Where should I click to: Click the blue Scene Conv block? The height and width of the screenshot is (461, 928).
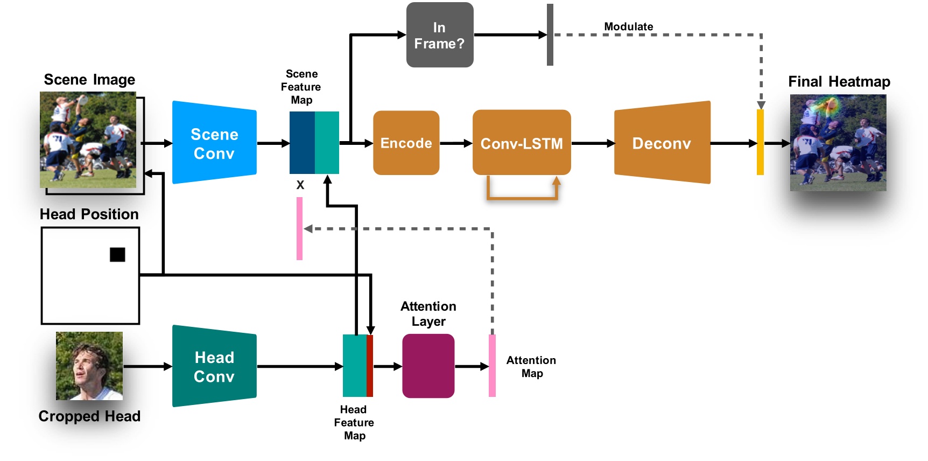coord(214,143)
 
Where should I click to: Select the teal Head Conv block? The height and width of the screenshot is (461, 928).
coord(214,366)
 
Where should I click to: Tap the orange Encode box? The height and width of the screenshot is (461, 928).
coord(406,143)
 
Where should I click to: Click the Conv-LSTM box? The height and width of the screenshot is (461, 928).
coord(521,143)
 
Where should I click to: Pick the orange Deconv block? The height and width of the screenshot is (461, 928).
coord(662,143)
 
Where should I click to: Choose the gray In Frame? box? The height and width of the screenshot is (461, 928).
coord(439,35)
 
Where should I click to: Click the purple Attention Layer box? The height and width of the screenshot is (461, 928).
coord(428,366)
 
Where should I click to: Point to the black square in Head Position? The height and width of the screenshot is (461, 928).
coord(117,255)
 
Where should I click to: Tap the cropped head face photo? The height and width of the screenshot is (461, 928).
coord(89,366)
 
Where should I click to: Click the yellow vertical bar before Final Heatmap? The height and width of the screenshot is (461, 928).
coord(760,142)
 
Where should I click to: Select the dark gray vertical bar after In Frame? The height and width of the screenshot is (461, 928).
coord(550,35)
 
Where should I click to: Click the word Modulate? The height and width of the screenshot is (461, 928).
coord(628,26)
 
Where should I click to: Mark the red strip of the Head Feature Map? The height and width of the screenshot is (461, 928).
coord(370,366)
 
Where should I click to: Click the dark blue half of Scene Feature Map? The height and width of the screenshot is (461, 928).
coord(302,143)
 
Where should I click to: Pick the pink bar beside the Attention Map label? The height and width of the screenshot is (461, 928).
coord(492,366)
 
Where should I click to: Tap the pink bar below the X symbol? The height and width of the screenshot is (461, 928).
coord(299,228)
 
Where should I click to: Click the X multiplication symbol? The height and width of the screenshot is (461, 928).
coord(300,185)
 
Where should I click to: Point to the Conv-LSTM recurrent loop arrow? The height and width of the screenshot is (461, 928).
coord(522,198)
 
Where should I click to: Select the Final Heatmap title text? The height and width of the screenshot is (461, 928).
coord(839,82)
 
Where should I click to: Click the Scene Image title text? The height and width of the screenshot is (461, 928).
coord(89,80)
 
